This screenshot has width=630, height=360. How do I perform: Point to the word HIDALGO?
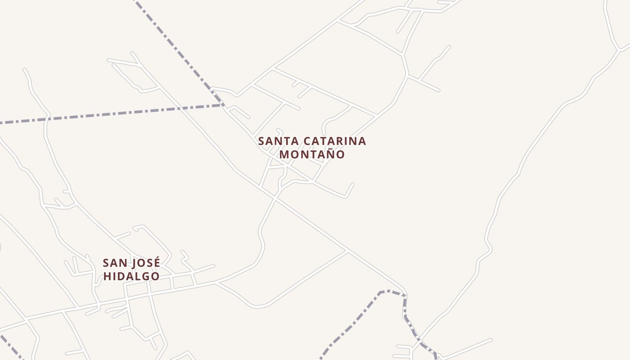131,276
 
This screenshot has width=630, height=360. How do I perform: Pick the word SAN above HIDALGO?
114,263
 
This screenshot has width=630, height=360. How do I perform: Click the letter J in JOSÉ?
133,263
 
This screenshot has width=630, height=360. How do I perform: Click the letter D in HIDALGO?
120,276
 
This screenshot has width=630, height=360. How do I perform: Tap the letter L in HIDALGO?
136,276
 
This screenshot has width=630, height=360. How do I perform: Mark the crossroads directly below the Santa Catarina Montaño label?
275,198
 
